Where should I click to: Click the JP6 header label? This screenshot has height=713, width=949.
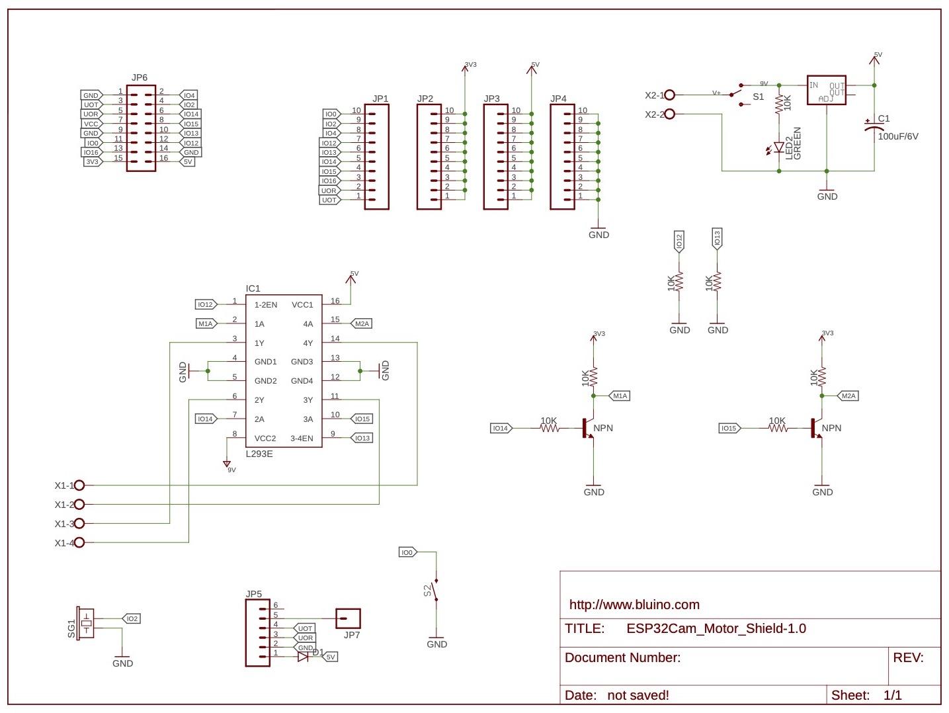[140, 77]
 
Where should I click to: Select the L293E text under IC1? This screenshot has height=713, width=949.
[259, 454]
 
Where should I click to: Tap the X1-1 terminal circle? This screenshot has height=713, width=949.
[79, 485]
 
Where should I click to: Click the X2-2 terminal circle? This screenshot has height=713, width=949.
[669, 114]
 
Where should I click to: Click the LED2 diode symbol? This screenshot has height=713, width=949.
[779, 147]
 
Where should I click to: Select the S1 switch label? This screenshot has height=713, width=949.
[758, 97]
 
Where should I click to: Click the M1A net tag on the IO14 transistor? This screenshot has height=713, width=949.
[619, 396]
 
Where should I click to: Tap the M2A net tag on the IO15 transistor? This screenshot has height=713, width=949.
[848, 396]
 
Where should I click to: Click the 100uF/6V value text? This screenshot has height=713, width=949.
[898, 136]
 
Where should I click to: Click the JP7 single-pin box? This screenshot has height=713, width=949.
[349, 619]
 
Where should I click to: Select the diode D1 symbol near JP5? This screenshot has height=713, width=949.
[303, 657]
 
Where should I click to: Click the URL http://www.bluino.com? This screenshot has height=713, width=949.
[634, 605]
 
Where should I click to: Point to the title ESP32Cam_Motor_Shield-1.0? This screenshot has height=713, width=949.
[716, 628]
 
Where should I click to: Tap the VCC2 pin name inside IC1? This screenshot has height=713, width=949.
[265, 439]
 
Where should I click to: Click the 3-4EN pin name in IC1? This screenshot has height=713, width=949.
[302, 439]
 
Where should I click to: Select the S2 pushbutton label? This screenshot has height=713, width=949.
[428, 589]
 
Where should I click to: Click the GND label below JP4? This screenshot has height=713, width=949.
[598, 235]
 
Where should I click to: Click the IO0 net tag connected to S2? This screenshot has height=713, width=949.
[407, 552]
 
